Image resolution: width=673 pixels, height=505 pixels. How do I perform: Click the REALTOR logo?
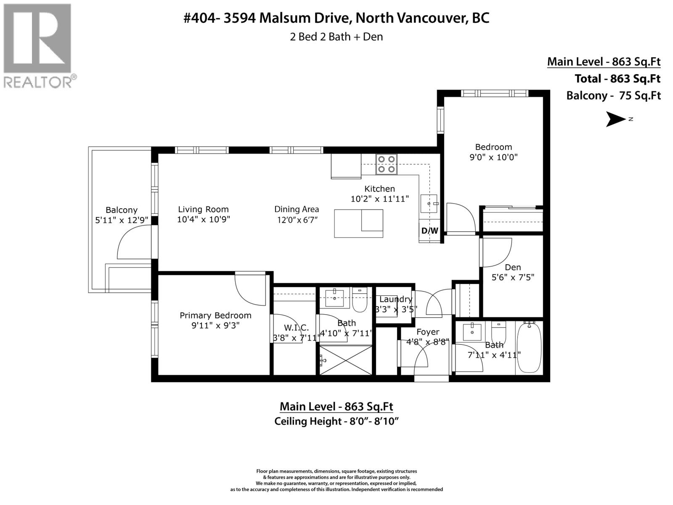(38, 45)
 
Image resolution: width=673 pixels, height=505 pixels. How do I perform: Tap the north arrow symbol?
(616, 119)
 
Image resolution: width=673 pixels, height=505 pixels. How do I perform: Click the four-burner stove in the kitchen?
(387, 164)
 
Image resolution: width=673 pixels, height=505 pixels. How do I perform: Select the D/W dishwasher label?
(429, 231)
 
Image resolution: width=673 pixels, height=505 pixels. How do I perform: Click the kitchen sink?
(429, 204)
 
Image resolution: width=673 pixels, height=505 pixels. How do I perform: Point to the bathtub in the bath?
(529, 348)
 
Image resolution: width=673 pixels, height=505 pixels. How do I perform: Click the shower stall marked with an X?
(346, 360)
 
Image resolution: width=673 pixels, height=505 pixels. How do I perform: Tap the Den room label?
(513, 267)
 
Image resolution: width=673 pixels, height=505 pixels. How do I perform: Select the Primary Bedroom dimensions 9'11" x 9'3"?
(215, 325)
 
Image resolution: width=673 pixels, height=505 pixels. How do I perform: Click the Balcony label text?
(122, 210)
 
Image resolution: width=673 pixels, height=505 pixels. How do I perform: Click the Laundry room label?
(395, 299)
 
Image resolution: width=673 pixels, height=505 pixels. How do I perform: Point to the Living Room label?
(203, 209)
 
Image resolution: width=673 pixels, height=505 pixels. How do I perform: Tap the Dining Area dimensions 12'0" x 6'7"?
(297, 220)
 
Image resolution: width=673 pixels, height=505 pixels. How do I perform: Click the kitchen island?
(358, 223)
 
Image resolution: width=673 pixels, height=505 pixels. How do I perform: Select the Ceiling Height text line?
(336, 421)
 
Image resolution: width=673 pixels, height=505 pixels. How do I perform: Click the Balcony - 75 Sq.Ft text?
(613, 96)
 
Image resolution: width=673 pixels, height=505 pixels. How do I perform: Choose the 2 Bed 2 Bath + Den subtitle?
(336, 37)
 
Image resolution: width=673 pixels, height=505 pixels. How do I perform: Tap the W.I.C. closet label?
(296, 327)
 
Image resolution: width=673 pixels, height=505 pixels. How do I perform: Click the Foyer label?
(428, 332)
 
